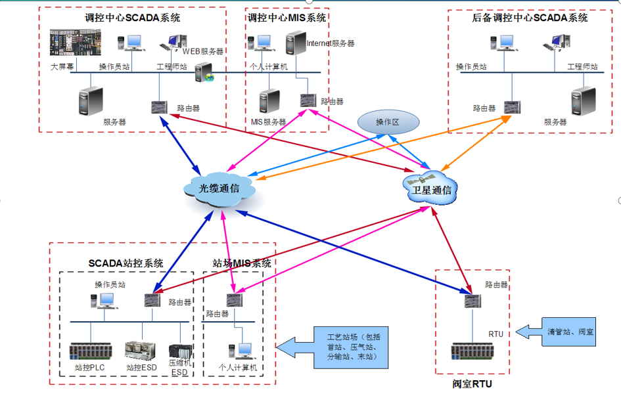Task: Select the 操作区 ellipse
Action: (x=388, y=122)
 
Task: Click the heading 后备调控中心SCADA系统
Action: (x=530, y=18)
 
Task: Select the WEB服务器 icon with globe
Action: (x=204, y=73)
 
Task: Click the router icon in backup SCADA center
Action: (x=510, y=106)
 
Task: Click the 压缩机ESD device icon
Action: (x=179, y=353)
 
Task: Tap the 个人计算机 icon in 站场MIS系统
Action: (x=241, y=351)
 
